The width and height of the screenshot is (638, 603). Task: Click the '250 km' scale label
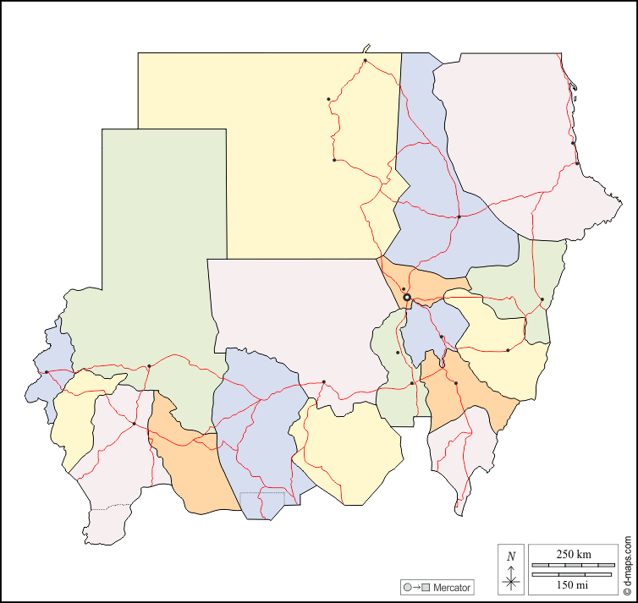pos(574,554)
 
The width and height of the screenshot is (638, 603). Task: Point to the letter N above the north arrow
pos(511,556)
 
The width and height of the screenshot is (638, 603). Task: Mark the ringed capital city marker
pos(407,298)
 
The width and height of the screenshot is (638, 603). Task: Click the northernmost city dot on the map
pos(365,61)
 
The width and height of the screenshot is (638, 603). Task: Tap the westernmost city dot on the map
pos(47,372)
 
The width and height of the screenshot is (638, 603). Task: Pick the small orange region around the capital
pos(423,283)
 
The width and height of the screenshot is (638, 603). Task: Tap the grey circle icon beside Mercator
pos(408,587)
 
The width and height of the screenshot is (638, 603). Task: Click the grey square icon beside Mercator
pos(426,587)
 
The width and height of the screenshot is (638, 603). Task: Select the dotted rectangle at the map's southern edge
pos(262,497)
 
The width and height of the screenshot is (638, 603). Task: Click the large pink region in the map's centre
pos(296,321)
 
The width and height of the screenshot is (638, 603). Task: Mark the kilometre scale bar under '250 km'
pos(574,564)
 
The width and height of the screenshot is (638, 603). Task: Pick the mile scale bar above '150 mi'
pos(574,574)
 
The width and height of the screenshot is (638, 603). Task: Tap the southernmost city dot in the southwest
pos(135,423)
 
